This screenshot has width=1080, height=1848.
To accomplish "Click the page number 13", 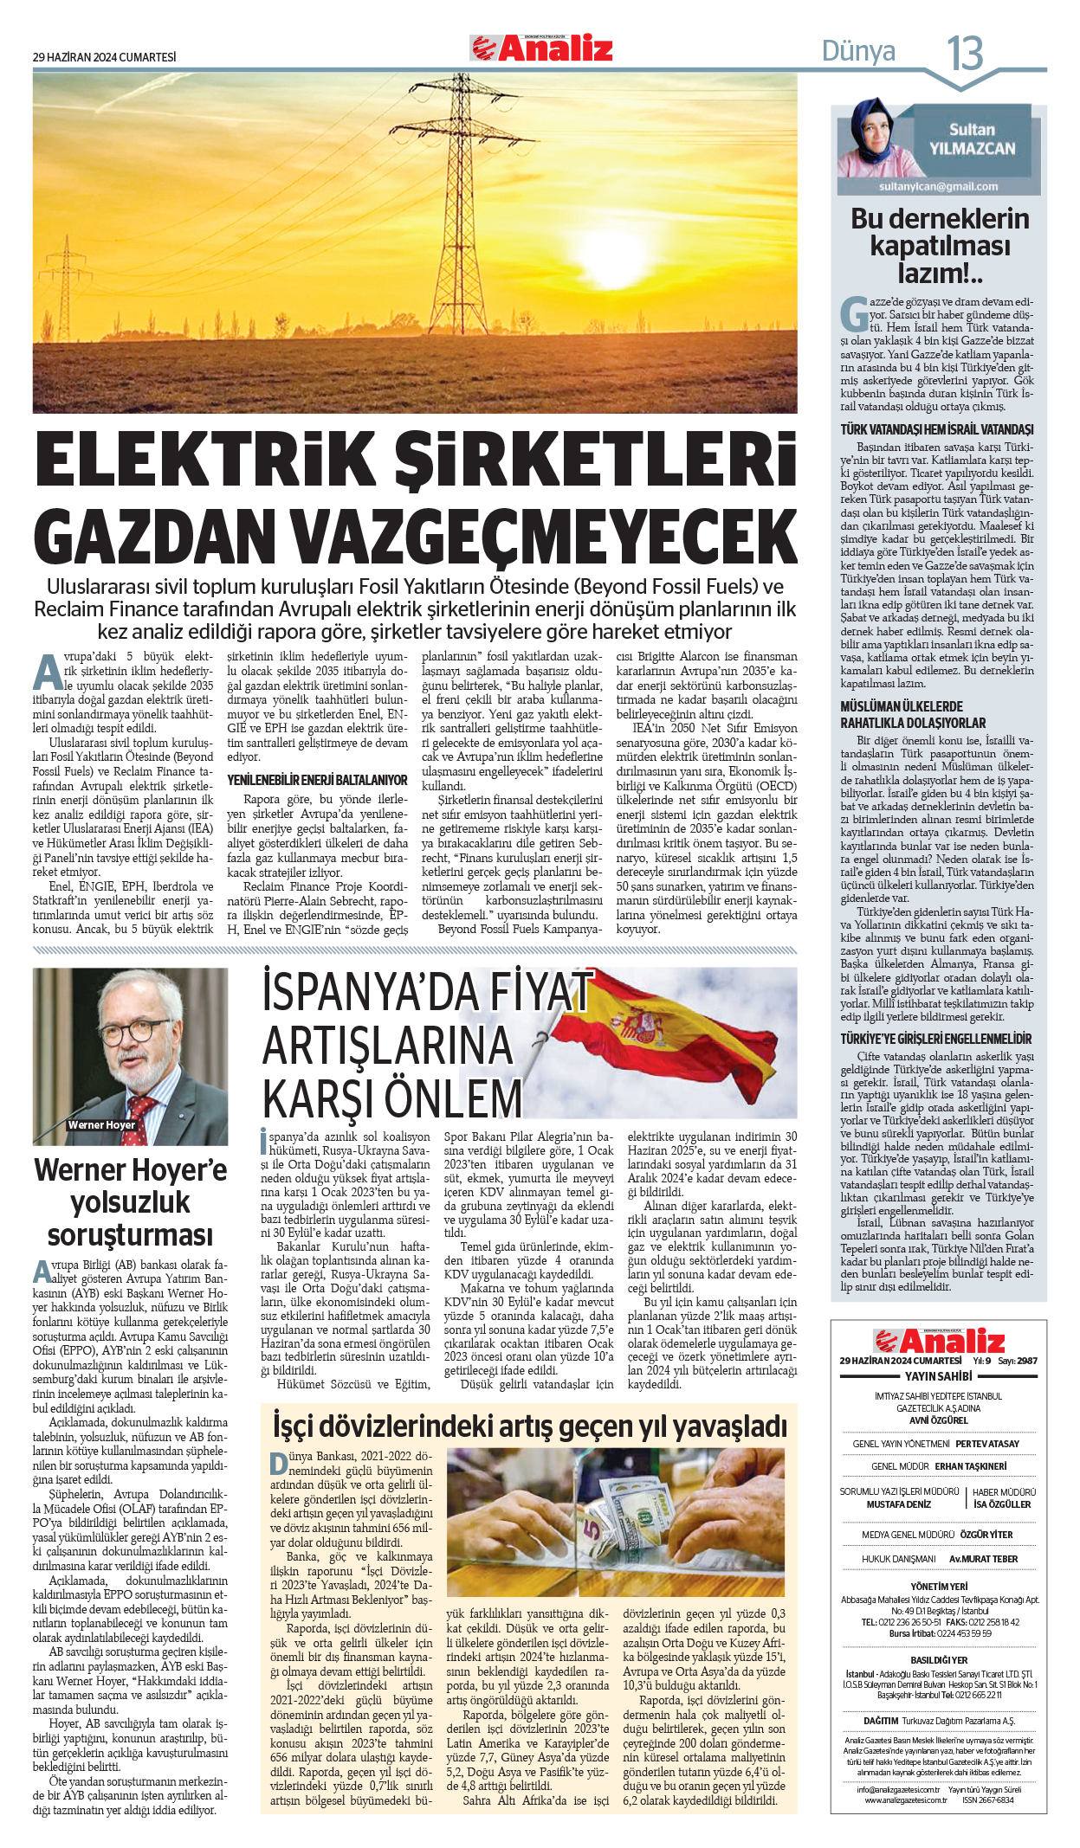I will coord(964,54).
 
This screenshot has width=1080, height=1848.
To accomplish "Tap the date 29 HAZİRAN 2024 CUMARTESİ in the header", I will coord(104,57).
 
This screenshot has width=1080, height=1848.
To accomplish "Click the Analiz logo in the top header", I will coord(541,48).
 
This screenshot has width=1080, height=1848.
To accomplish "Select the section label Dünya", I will coord(857,52).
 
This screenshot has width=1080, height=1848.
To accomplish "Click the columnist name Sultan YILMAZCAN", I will coord(971,139).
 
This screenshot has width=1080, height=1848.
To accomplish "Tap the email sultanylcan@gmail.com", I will coord(938,186).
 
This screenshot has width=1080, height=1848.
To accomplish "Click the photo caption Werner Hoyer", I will coord(101,1125).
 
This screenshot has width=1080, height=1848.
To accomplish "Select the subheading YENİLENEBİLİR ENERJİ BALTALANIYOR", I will coord(317,780).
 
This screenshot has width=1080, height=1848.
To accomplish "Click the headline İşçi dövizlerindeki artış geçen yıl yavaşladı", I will coord(529,1426).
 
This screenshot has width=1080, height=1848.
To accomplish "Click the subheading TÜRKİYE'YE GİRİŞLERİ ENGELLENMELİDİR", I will coord(936,1039).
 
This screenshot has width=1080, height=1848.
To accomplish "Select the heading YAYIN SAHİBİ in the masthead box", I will coord(938,1376).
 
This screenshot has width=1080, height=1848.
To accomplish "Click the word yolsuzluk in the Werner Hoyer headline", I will coord(130,1202).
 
